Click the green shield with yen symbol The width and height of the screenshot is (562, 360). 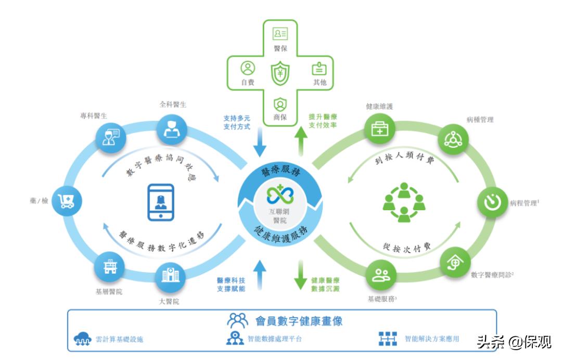[x=280, y=73]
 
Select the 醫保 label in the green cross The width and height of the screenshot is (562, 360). [x=280, y=49]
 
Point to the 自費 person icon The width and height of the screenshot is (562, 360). [x=248, y=68]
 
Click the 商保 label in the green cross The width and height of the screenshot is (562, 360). [x=280, y=117]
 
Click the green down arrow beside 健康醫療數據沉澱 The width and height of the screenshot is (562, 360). [x=301, y=276]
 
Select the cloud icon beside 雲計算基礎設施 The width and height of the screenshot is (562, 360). [x=83, y=339]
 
